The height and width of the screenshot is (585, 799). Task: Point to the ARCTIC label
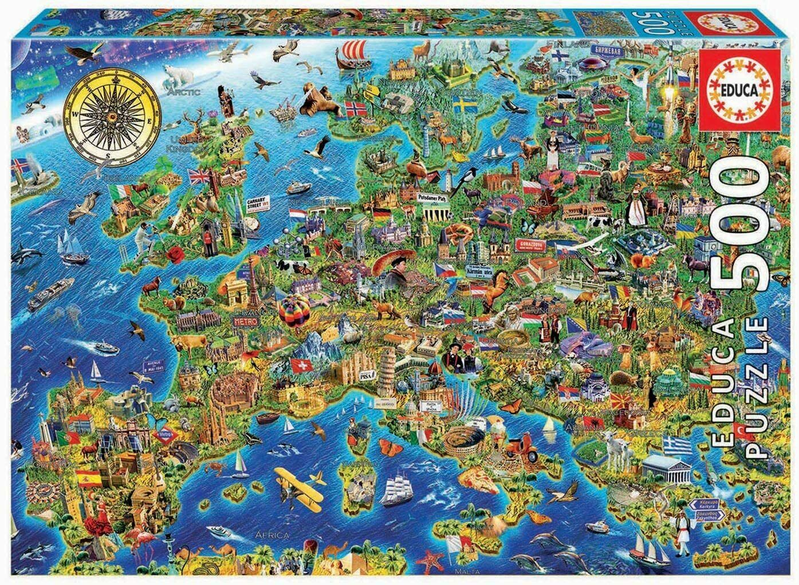click(184, 91)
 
